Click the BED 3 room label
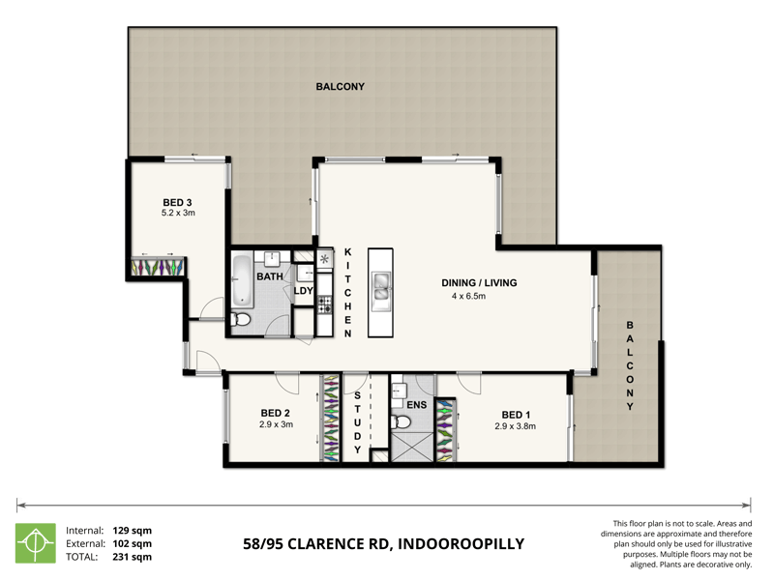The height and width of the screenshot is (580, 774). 179,202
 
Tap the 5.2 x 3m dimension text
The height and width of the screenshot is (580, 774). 179,213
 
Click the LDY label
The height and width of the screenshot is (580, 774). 303,290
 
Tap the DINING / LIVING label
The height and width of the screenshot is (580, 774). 479,283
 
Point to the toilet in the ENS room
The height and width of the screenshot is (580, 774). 402,422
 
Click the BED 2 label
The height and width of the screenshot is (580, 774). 276,413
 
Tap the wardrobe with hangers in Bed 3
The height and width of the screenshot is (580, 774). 158,266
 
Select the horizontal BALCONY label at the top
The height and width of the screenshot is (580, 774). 341,86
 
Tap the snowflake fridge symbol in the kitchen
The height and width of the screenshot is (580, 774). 324,259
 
